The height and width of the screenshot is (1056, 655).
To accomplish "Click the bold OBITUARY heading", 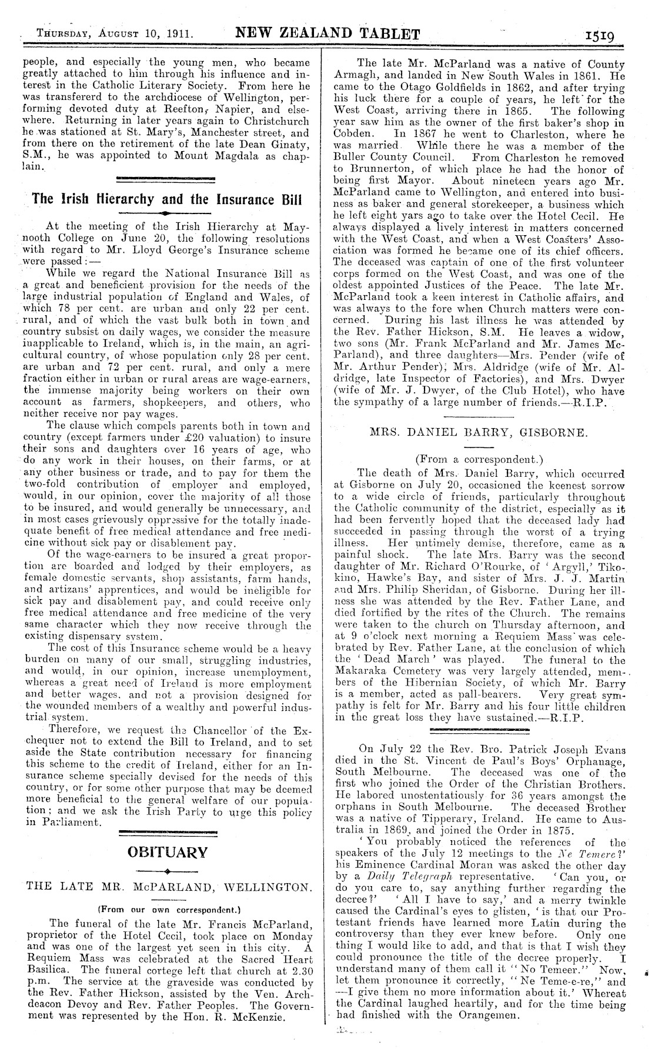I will click(x=169, y=851).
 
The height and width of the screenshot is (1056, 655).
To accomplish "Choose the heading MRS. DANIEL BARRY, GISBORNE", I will click(x=478, y=433).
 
